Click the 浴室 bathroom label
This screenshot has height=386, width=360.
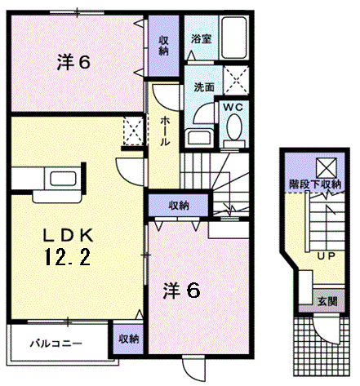click(201, 39)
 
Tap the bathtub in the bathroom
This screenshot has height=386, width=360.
click(234, 38)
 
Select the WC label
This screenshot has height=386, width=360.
click(233, 108)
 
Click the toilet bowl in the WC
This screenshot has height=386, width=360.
click(234, 126)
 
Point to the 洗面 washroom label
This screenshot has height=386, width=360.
click(204, 87)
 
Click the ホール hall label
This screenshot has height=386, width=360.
click(164, 131)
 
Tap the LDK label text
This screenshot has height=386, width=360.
click(69, 236)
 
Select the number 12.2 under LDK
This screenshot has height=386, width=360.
click(69, 257)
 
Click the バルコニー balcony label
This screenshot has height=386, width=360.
click(56, 344)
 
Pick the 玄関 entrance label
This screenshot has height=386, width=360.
click(327, 301)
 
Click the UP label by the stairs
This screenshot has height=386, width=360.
click(327, 256)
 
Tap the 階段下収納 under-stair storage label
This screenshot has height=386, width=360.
click(315, 184)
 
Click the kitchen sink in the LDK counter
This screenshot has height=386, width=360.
click(63, 179)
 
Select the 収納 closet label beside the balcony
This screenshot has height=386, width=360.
click(128, 339)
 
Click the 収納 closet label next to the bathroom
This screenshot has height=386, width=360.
click(163, 46)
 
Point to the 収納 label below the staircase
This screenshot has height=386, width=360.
click(179, 206)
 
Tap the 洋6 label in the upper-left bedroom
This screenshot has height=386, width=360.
click(73, 63)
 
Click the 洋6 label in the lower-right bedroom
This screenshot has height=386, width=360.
click(182, 291)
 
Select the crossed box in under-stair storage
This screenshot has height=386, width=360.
click(327, 168)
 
